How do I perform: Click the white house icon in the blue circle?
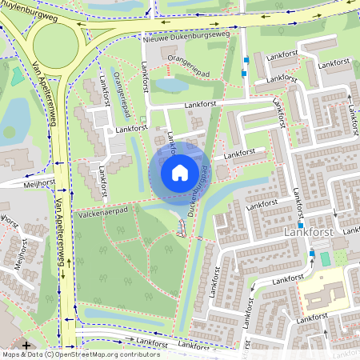point(180,172)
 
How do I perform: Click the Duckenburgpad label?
point(198,192)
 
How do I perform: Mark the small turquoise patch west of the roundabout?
point(17,77)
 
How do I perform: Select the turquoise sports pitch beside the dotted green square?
point(324,259)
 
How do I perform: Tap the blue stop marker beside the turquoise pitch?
point(312,254)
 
